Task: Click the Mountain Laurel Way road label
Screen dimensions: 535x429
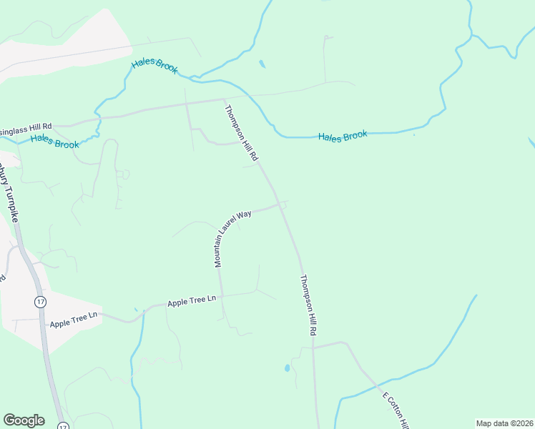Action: pyautogui.click(x=233, y=239)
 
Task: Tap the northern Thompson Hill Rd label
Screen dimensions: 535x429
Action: pyautogui.click(x=241, y=132)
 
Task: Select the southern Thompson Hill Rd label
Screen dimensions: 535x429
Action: pyautogui.click(x=308, y=306)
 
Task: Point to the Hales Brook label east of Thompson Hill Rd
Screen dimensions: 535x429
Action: pyautogui.click(x=343, y=135)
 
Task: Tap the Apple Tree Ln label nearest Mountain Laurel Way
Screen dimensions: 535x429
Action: pyautogui.click(x=192, y=302)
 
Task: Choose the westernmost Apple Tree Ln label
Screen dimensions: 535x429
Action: pyautogui.click(x=72, y=320)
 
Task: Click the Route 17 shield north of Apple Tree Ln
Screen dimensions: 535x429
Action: pyautogui.click(x=40, y=302)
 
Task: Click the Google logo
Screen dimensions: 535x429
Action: pyautogui.click(x=24, y=420)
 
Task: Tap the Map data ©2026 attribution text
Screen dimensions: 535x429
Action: pyautogui.click(x=504, y=423)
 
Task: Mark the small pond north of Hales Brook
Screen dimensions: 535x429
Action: pyautogui.click(x=262, y=64)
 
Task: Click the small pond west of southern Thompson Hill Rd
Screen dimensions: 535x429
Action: pyautogui.click(x=287, y=368)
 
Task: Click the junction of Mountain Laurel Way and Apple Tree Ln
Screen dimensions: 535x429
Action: pyautogui.click(x=221, y=295)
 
